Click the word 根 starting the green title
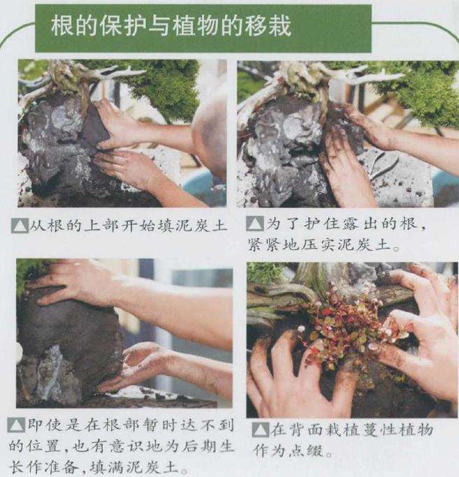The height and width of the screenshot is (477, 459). coord(61,26)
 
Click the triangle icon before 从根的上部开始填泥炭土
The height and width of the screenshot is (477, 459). coord(20,226)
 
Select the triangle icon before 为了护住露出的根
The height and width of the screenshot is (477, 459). coord(255,223)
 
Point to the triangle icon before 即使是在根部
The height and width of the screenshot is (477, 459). coord(16,425)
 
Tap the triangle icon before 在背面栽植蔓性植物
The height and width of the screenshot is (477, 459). coord(261,430)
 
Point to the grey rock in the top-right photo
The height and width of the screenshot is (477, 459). coord(286,152)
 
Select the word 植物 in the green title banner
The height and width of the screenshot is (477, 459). coord(195,26)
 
